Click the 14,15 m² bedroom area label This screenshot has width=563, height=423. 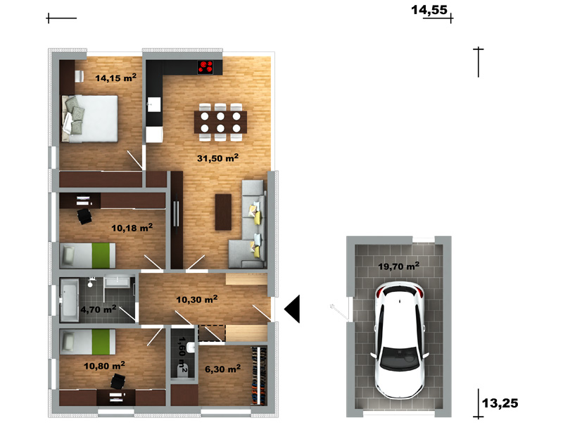point(115,78)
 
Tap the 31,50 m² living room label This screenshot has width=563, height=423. point(217,158)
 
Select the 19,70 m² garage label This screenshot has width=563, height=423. point(398,266)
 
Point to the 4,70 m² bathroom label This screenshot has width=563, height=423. point(98,309)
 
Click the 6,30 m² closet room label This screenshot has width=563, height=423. point(222,369)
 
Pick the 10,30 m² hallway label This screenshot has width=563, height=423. point(197,299)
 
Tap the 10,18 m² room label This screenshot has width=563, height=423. point(132,228)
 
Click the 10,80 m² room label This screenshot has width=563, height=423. point(104,366)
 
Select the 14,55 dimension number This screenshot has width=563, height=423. point(429,10)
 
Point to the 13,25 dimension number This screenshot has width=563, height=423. point(500,403)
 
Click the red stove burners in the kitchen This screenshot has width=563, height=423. point(205,67)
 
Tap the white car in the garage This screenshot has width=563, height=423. point(399,340)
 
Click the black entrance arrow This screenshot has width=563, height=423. point(292,309)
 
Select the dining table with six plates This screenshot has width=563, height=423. point(220,122)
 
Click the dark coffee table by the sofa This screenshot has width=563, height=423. point(223,212)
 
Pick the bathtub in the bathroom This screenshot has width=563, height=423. point(68,300)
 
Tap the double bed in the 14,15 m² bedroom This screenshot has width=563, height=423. point(89,118)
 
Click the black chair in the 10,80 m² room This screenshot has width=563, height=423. point(118,381)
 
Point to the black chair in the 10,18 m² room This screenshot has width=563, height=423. point(84,216)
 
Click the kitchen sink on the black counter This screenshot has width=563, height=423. point(154,104)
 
